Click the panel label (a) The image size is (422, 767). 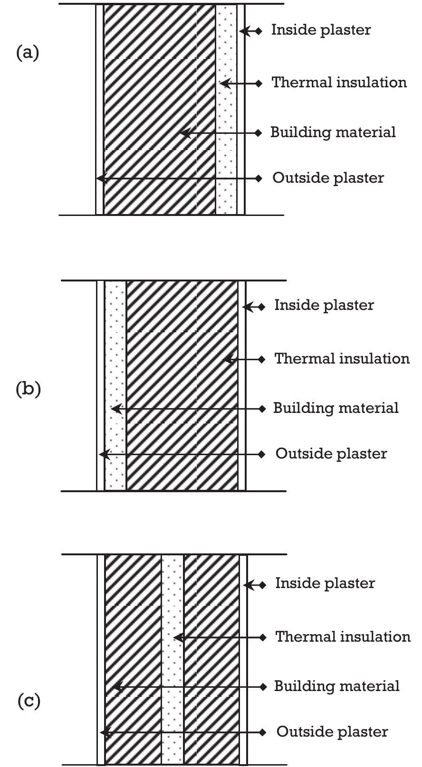(x=28, y=52)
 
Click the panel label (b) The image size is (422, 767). (x=29, y=389)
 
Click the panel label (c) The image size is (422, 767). (x=29, y=701)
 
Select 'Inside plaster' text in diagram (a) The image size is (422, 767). (x=321, y=30)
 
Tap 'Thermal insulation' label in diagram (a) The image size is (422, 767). (x=339, y=83)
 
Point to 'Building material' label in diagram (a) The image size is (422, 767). (x=333, y=132)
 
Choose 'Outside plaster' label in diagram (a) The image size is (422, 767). (x=328, y=178)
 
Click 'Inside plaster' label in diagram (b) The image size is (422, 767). (x=324, y=305)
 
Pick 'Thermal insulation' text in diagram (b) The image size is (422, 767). (x=342, y=358)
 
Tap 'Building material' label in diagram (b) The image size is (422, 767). (x=336, y=408)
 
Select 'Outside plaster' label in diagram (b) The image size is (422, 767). (x=331, y=454)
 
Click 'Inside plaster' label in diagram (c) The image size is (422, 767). (x=325, y=583)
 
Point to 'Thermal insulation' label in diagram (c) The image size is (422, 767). (x=343, y=636)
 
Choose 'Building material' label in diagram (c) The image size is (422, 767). (x=336, y=686)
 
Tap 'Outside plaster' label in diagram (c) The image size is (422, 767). (x=332, y=732)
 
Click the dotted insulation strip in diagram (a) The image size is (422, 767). (x=226, y=109)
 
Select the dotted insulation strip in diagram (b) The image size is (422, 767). (x=115, y=385)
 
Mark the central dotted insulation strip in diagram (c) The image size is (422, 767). (x=172, y=660)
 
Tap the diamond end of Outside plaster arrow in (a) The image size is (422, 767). (x=259, y=178)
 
